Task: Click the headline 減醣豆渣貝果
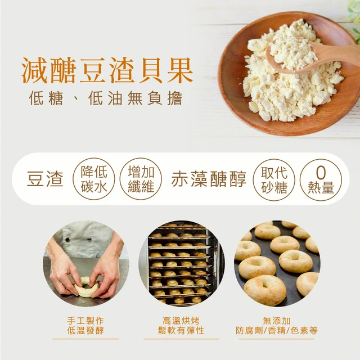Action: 107,70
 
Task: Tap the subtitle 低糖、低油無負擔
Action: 106,98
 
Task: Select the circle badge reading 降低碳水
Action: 94,179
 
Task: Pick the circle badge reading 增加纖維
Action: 141,179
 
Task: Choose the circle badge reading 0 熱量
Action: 321,180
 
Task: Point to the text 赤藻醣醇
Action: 209,179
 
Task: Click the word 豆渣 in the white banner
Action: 45,179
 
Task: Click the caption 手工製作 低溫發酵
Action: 85,326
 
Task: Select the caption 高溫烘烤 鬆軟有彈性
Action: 181,326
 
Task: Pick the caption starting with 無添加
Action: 277,326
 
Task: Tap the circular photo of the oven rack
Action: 182,264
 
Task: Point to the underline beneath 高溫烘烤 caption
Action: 181,339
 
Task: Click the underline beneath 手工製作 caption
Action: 85,339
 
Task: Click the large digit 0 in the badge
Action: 321,173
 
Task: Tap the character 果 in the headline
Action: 180,70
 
